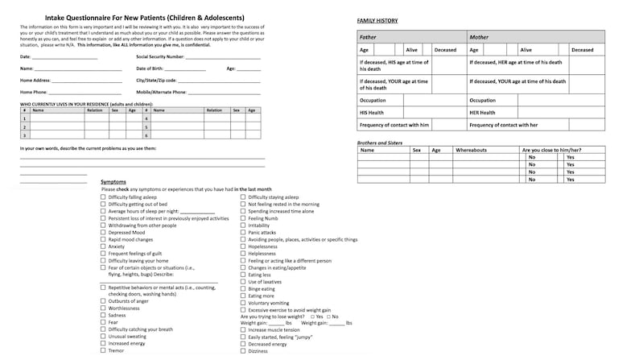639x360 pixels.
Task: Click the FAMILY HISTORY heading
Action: point(377,19)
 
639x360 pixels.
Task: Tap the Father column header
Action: point(368,37)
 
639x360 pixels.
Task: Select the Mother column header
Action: point(480,37)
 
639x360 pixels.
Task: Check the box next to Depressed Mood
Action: point(102,233)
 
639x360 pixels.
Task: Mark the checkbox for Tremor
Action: point(102,351)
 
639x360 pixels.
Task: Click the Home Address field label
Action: point(35,81)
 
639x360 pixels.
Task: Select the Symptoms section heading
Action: point(113,182)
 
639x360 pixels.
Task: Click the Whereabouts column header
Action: point(472,150)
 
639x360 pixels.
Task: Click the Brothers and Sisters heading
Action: point(379,143)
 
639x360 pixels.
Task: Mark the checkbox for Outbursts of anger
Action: point(102,301)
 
